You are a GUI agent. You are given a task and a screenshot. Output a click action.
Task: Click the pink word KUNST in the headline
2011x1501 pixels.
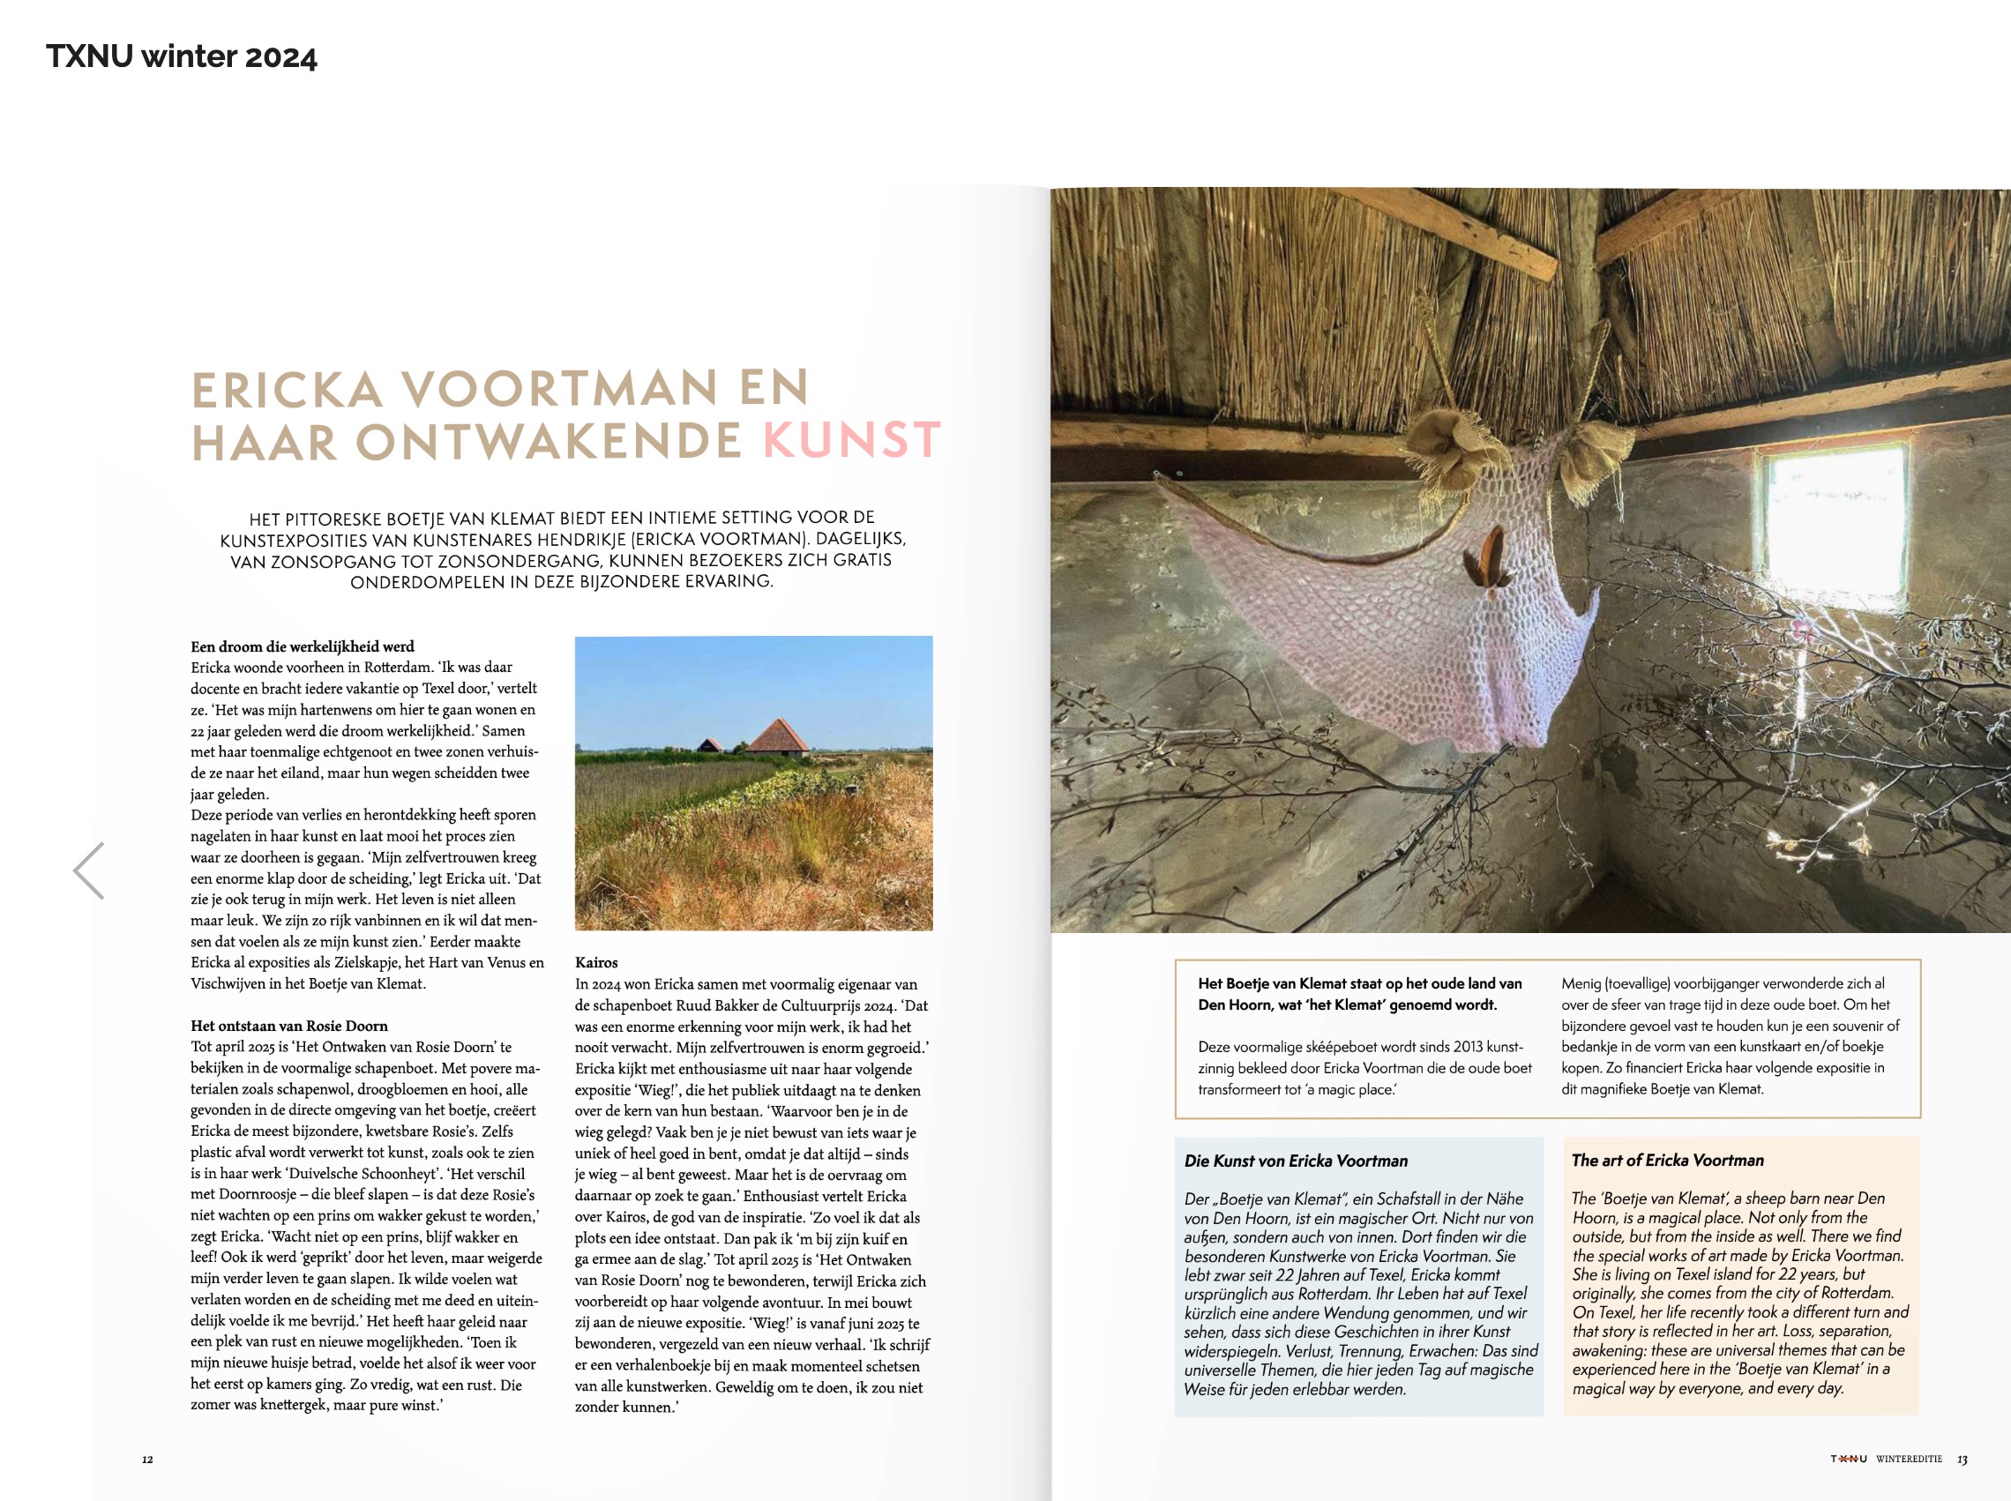pyautogui.click(x=850, y=441)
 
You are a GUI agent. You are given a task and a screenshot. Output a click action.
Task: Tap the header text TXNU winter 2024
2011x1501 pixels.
pyautogui.click(x=182, y=57)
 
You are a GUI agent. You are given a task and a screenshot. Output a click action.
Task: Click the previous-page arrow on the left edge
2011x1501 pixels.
pyautogui.click(x=89, y=870)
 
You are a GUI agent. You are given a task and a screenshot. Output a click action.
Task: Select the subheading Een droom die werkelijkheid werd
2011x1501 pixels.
pyautogui.click(x=302, y=646)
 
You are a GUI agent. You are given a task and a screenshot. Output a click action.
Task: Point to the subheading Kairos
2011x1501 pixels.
pyautogui.click(x=596, y=962)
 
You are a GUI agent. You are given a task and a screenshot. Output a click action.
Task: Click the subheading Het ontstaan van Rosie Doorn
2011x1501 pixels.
pyautogui.click(x=289, y=1026)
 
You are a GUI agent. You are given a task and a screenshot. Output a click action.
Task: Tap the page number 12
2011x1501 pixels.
pyautogui.click(x=147, y=1460)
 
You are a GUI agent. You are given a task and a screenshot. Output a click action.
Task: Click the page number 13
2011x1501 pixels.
pyautogui.click(x=1962, y=1460)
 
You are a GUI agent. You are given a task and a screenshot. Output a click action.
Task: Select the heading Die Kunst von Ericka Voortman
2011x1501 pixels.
pyautogui.click(x=1296, y=1161)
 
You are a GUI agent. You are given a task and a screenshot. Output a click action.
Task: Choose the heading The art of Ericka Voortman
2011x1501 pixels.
pyautogui.click(x=1668, y=1161)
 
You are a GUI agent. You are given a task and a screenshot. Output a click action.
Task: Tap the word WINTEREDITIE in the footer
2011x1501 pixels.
pyautogui.click(x=1909, y=1460)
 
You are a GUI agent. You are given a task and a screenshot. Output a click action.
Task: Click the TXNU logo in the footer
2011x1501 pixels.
pyautogui.click(x=1849, y=1460)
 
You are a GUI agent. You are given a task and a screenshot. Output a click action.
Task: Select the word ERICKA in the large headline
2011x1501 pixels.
pyautogui.click(x=288, y=390)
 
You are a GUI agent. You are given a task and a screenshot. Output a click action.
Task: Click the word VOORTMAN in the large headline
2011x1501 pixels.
pyautogui.click(x=561, y=390)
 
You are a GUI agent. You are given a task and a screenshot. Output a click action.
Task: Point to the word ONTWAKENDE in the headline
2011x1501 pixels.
pyautogui.click(x=549, y=442)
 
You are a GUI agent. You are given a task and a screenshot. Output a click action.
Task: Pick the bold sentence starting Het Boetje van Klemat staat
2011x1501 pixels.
pyautogui.click(x=1359, y=994)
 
